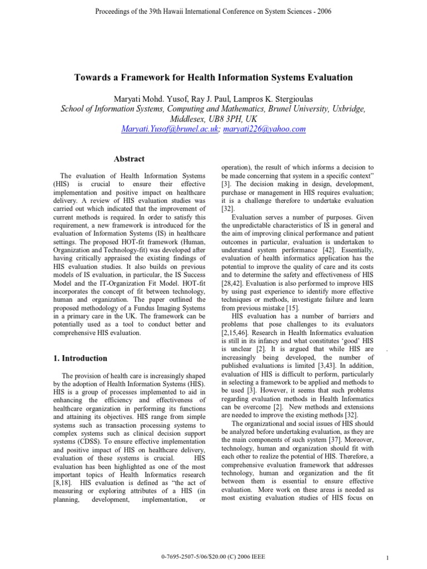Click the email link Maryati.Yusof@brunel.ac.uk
(170, 129)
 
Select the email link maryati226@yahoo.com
(264, 129)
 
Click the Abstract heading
(129, 159)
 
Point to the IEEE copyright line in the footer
(213, 556)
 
